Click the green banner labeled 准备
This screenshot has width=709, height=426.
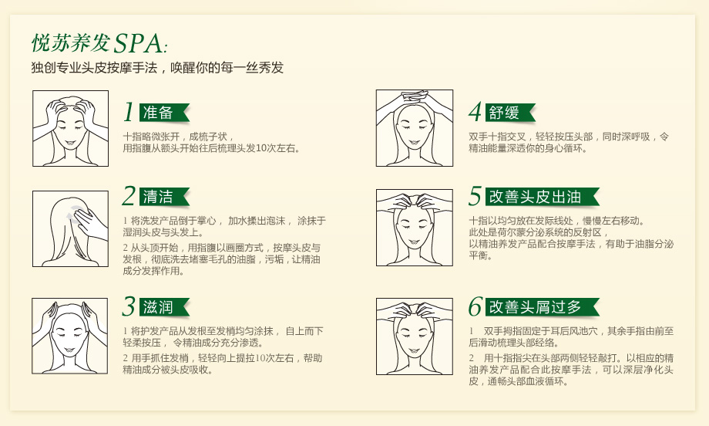164,113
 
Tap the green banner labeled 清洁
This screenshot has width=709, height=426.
164,197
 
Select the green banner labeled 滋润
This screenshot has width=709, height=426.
164,307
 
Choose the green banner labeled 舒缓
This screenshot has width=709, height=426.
510,113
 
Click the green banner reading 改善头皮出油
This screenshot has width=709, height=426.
543,197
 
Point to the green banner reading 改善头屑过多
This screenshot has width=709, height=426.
543,307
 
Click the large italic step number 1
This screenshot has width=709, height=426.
129,112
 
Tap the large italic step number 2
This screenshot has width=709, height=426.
129,196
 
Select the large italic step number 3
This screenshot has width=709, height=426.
129,306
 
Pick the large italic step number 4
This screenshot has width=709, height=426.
475,112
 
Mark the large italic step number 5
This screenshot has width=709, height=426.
475,196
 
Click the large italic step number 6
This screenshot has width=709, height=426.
475,306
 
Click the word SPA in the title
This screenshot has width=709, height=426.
138,43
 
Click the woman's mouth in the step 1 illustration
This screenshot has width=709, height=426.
69,143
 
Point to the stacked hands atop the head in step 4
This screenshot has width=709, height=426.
414,96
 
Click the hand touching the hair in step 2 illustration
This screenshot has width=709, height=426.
91,224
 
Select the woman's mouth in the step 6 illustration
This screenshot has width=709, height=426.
413,351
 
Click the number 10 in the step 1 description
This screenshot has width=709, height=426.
261,148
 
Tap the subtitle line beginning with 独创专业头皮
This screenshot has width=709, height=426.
157,68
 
